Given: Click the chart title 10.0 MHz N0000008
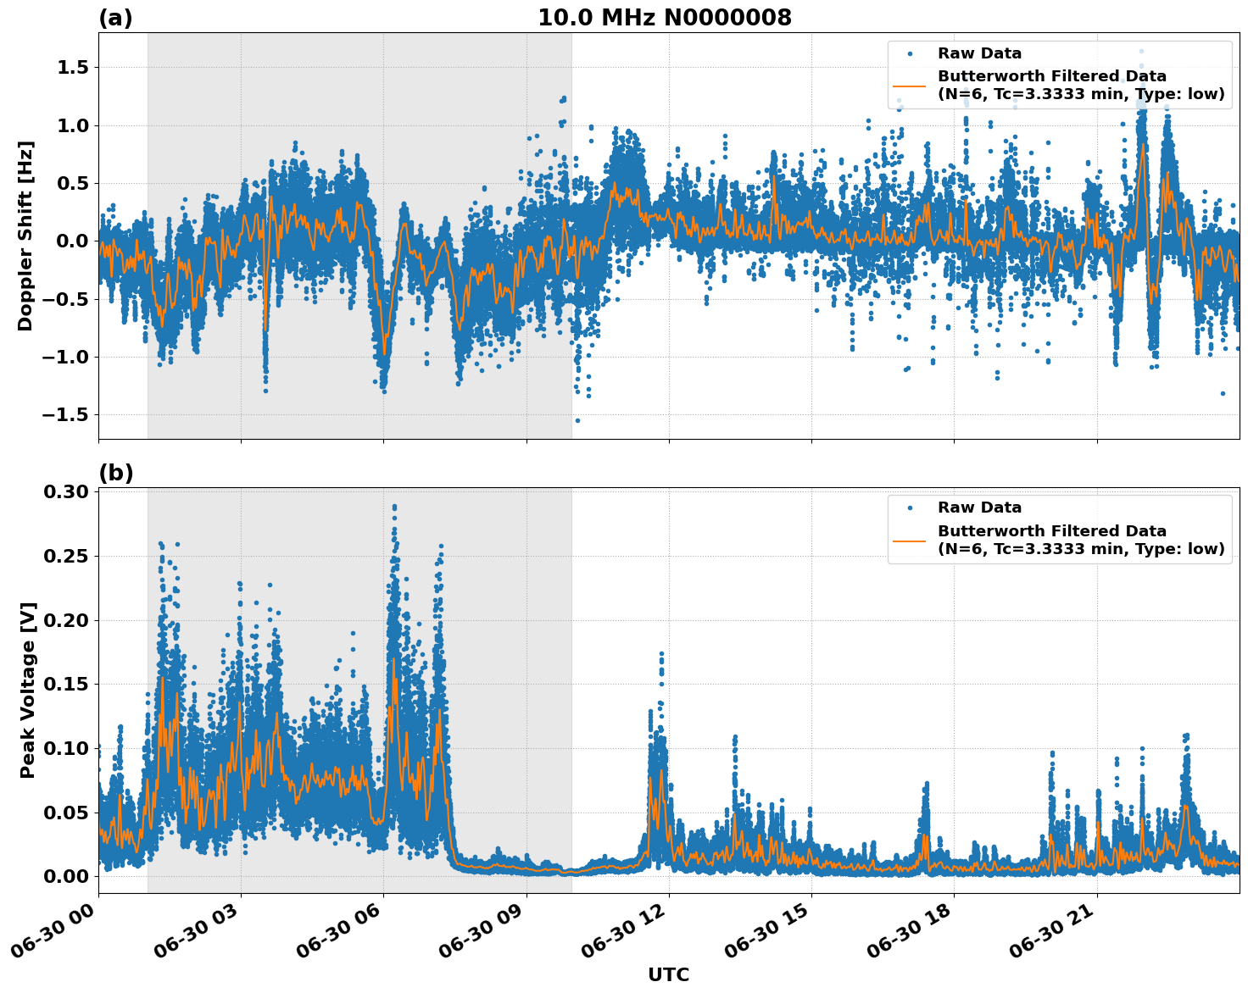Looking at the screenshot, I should click(665, 18).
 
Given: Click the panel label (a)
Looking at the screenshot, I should click(115, 18).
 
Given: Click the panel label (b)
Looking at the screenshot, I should click(115, 473).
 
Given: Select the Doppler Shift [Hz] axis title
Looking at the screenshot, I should click(25, 236).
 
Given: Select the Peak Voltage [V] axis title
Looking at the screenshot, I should click(28, 690).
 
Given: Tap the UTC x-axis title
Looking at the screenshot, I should click(668, 974).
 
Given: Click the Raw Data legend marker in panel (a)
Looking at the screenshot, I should click(910, 53).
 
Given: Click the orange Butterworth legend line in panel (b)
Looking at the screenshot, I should click(910, 540).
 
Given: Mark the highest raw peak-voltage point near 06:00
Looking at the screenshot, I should click(394, 507).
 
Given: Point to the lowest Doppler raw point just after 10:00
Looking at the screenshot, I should click(577, 420).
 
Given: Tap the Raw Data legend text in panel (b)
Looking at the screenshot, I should click(979, 508).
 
